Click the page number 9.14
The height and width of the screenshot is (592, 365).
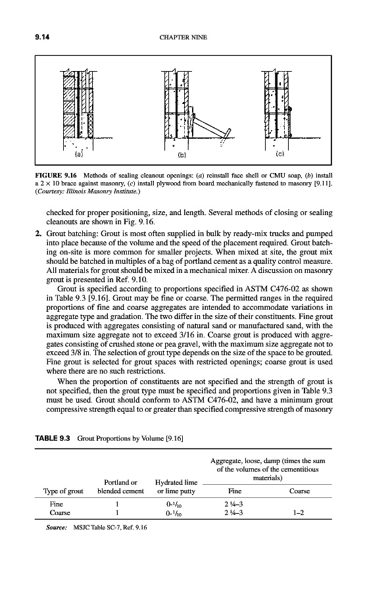pyautogui.click(x=43, y=37)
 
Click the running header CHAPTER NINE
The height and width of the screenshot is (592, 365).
pyautogui.click(x=183, y=37)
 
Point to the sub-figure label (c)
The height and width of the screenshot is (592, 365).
pyautogui.click(x=280, y=154)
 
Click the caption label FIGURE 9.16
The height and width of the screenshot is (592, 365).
pyautogui.click(x=56, y=176)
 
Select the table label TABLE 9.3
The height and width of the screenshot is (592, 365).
pyautogui.click(x=53, y=438)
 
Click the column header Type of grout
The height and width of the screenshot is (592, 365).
pyautogui.click(x=63, y=491)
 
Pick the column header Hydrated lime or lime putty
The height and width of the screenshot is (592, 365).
pyautogui.click(x=176, y=487)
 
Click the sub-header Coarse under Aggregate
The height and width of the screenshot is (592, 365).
pyautogui.click(x=299, y=491)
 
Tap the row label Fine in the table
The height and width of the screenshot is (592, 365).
pyautogui.click(x=57, y=504)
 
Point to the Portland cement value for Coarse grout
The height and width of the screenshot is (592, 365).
pyautogui.click(x=117, y=512)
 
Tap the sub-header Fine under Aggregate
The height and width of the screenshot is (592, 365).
pyautogui.click(x=235, y=491)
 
